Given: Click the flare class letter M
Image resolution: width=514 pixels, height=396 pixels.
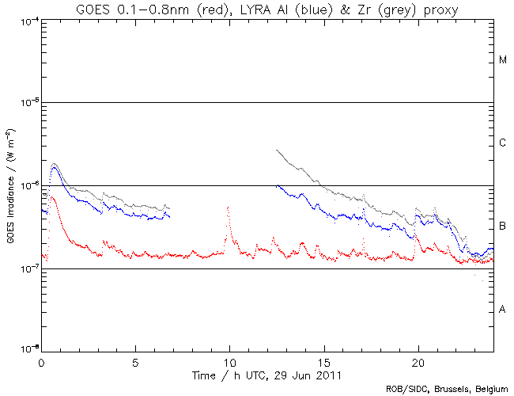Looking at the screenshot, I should click(502, 60).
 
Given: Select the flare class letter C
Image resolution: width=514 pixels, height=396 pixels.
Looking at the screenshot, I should click(502, 143).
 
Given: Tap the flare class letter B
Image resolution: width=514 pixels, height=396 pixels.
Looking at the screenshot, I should click(502, 227).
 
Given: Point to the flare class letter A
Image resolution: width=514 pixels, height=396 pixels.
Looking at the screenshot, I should click(502, 310).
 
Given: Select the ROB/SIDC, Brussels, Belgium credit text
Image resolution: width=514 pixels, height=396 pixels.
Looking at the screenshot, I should click(446, 389).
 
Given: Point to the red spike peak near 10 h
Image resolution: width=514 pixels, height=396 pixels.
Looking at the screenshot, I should click(229, 208).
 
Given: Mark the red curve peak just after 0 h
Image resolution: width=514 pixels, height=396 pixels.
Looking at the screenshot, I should click(52, 197).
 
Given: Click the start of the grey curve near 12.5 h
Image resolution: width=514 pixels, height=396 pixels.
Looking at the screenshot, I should click(277, 150).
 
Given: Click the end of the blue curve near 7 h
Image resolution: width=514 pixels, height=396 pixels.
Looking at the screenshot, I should click(169, 217).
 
